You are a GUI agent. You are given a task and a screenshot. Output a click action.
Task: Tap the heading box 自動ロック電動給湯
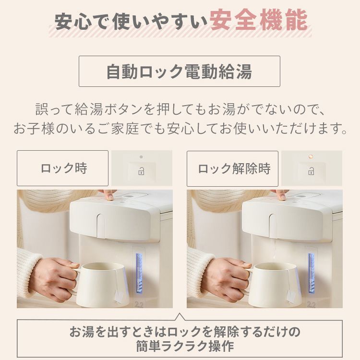pyautogui.click(x=179, y=72)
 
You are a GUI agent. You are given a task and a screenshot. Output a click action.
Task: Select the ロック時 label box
pyautogui.click(x=62, y=168)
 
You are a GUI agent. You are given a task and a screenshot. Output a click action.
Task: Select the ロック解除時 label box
pyautogui.click(x=232, y=168)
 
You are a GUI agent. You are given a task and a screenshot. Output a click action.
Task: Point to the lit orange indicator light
pyautogui.click(x=311, y=156)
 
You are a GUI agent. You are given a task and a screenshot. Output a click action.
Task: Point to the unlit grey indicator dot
pyautogui.click(x=141, y=157)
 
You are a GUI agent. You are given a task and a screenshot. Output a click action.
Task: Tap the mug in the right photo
pyautogui.click(x=272, y=283)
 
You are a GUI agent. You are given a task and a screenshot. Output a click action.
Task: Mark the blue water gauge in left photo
pyautogui.click(x=139, y=274)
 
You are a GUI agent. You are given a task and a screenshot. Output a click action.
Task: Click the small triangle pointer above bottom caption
pyautogui.click(x=180, y=317)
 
